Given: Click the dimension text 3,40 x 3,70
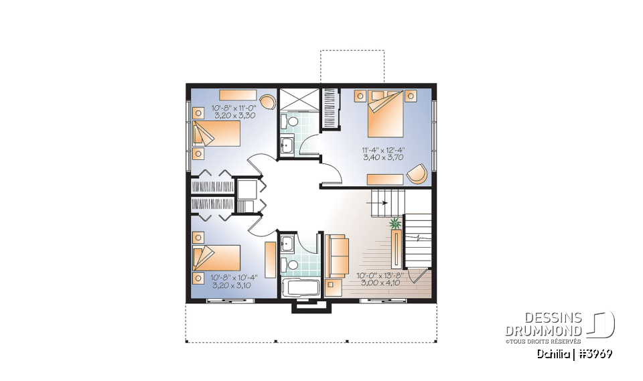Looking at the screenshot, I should pos(385,158).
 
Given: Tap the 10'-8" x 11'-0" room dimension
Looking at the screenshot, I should pos(234,108).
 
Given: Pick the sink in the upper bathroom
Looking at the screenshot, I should pos(286,145).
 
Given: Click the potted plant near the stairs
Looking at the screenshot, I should pos(395,223).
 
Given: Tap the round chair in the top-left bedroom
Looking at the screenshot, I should pos(267,101).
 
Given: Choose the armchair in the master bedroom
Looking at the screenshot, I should pos(417,173).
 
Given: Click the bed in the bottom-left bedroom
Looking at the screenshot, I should pos(216,257).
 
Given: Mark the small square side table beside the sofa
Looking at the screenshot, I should pos(334,287).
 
